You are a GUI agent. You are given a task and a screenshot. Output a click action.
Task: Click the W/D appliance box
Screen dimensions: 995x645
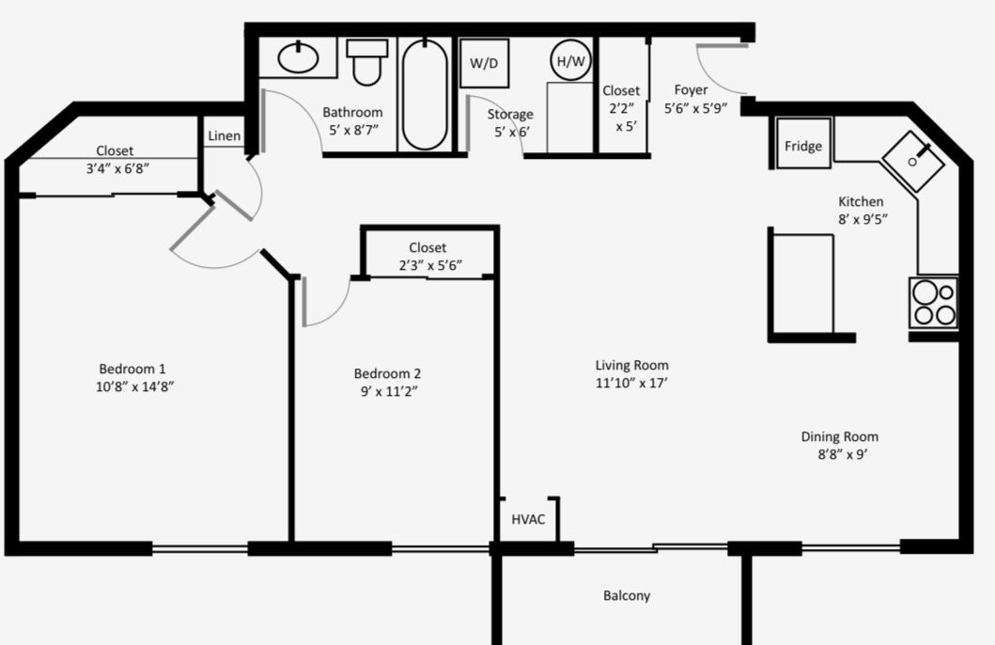tap(484, 64)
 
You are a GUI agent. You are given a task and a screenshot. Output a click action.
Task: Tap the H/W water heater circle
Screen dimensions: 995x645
tap(570, 61)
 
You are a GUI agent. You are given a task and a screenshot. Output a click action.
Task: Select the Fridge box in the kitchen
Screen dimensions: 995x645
tap(803, 144)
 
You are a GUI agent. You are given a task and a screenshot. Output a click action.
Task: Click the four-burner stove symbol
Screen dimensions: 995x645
tap(933, 302)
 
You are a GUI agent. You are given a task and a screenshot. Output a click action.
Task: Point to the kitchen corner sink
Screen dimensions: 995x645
tap(913, 162)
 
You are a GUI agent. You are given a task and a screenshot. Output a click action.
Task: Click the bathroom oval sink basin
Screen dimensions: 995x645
tap(298, 57)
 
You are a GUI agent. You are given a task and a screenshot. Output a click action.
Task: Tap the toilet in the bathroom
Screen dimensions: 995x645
tap(366, 61)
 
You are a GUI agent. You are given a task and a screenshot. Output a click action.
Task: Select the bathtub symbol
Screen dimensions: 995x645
tap(424, 95)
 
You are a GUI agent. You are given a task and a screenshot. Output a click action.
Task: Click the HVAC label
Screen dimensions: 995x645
tap(528, 519)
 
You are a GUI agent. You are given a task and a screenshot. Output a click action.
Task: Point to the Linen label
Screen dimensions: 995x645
tap(224, 135)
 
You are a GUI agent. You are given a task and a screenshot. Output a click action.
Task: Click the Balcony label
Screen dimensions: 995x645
tap(627, 595)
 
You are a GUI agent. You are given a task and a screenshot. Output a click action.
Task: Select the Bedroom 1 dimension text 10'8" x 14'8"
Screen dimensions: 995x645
tap(134, 386)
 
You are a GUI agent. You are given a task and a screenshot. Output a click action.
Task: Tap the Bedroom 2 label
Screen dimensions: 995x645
tap(387, 373)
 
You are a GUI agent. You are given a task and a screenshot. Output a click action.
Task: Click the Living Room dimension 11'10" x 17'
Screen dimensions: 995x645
tap(631, 383)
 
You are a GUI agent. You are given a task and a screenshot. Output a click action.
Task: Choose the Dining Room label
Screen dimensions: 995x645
tap(840, 437)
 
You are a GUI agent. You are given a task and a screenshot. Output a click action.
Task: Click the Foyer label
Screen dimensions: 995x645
tap(691, 90)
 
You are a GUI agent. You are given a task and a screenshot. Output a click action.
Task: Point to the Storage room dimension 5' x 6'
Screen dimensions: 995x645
tap(511, 132)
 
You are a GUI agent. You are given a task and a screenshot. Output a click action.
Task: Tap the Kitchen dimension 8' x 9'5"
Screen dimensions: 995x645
tap(863, 219)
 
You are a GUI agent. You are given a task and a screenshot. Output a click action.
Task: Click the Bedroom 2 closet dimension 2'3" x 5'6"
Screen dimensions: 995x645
tap(429, 265)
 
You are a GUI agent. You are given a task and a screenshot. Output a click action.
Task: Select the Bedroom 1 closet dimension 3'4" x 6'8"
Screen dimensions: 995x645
tap(117, 168)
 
